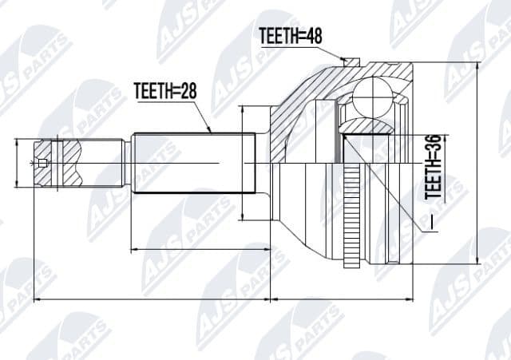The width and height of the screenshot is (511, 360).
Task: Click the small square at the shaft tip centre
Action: coord(43,164)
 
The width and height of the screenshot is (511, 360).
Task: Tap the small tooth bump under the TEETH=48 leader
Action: coord(345,59)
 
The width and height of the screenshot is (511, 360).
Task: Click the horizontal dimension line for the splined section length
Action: coord(200,250)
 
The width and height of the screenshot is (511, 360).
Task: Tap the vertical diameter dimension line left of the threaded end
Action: coord(16,164)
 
